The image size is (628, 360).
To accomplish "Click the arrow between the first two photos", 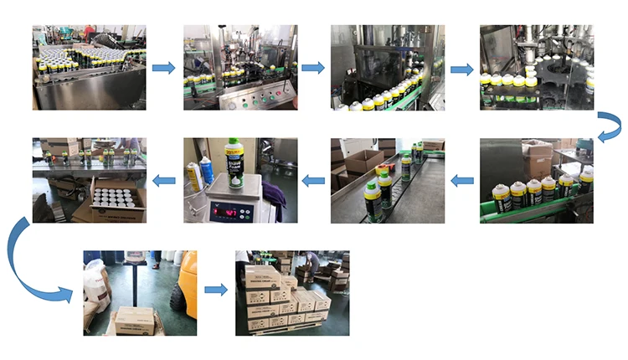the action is point(164,68).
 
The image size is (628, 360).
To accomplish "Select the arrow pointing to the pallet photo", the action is point(215,290).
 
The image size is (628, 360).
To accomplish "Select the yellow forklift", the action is point(183,285).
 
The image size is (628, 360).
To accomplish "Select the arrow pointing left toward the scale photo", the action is point(312,179).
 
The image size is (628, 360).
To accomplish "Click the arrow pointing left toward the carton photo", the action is point(164,179).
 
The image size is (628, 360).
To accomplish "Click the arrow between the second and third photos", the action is point(313,68).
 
